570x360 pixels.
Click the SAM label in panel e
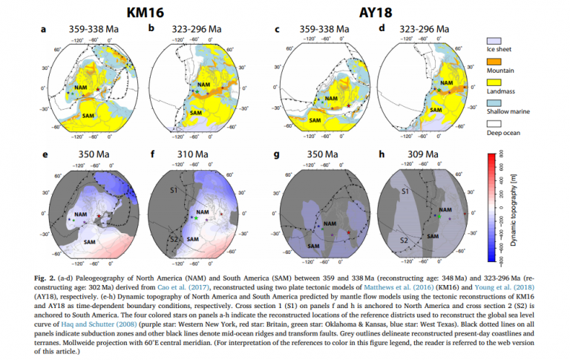(89, 242)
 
